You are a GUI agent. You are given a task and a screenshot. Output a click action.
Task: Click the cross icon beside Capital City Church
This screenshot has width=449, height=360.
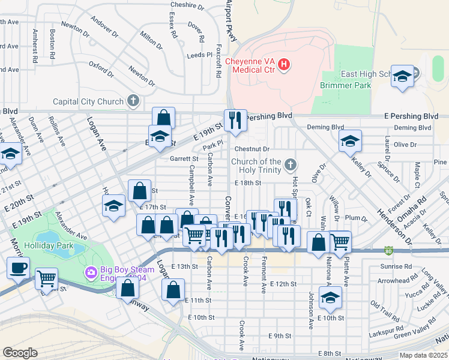pyautogui.click(x=133, y=102)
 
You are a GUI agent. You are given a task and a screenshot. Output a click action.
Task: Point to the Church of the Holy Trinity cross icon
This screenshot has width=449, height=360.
pyautogui.click(x=291, y=164)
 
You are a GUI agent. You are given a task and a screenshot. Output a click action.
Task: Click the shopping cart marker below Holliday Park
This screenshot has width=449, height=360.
pyautogui.click(x=46, y=279)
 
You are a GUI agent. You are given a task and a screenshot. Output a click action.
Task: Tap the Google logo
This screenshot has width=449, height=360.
pyautogui.click(x=20, y=353)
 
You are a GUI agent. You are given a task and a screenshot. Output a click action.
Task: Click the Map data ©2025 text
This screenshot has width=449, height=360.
pyautogui.click(x=423, y=355)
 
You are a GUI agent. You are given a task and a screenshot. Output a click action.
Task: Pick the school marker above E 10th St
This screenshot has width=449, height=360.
pyautogui.click(x=330, y=297)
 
